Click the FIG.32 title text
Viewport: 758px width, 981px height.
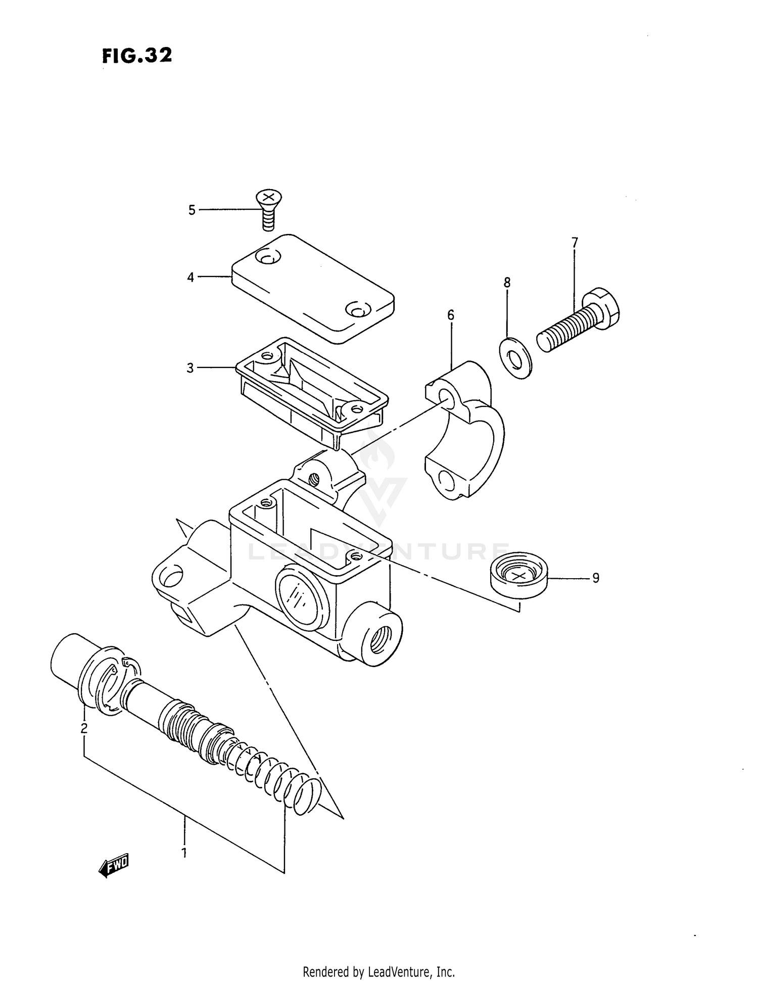click(x=137, y=56)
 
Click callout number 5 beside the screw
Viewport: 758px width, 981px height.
click(x=192, y=210)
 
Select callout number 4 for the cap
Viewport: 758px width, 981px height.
click(x=191, y=277)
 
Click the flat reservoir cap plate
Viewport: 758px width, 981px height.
click(x=313, y=288)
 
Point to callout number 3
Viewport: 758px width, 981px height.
click(x=190, y=368)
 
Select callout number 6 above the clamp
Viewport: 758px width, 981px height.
click(x=451, y=315)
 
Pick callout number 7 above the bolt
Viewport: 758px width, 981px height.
click(x=575, y=243)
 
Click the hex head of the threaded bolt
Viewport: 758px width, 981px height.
click(x=603, y=308)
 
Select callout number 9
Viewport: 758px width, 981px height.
click(x=596, y=578)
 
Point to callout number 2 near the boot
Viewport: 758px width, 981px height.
click(x=84, y=728)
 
